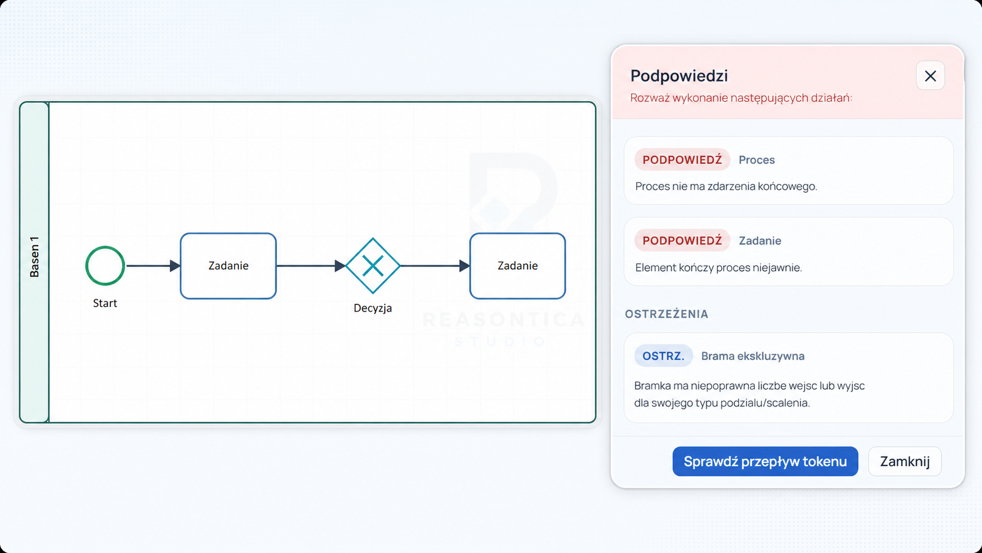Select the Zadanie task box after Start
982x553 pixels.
[x=228, y=266]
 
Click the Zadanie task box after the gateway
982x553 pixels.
[x=517, y=266]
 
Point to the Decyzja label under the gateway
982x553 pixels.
[x=372, y=308]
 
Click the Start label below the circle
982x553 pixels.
[x=105, y=303]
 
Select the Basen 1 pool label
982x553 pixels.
[x=34, y=257]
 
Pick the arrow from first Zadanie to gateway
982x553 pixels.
[x=311, y=266]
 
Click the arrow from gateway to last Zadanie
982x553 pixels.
[x=435, y=266]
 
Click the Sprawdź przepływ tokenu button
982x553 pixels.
[x=765, y=461]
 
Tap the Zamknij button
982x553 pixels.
[x=905, y=461]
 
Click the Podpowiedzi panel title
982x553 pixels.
[x=679, y=76]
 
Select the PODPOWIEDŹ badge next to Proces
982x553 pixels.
[x=682, y=160]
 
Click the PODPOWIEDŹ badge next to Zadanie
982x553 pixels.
[x=682, y=240]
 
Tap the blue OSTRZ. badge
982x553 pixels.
[x=663, y=356]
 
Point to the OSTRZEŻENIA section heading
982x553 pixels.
[x=667, y=314]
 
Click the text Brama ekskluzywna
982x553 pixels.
[x=753, y=356]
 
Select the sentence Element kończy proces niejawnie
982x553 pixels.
[x=718, y=267]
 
